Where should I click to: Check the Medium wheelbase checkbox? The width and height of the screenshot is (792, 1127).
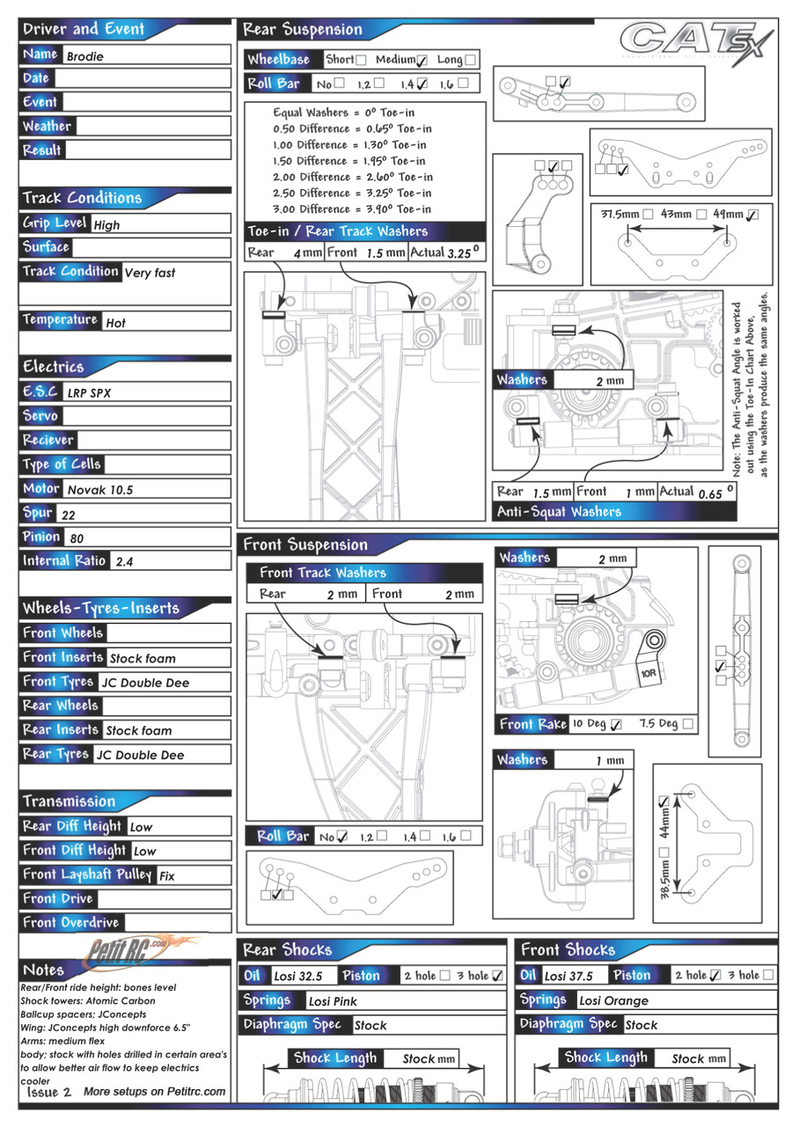point(422,61)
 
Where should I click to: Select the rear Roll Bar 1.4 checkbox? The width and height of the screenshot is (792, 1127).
point(422,84)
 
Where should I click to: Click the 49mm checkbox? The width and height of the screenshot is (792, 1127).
point(752,215)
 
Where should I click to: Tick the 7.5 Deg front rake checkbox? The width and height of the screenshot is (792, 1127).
point(688,723)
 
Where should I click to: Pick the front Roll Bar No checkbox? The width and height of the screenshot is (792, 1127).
point(341,836)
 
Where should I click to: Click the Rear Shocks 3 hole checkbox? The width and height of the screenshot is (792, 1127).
point(497,976)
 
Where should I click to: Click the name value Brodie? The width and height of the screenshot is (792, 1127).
point(85,56)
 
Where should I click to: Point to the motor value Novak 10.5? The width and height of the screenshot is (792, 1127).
point(100,490)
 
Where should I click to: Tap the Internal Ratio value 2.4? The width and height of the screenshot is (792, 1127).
point(124,562)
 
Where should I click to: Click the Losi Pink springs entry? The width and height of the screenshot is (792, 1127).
point(333,1002)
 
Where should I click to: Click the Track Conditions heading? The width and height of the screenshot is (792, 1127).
point(82,198)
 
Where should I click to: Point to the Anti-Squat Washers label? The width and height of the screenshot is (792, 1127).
point(559,512)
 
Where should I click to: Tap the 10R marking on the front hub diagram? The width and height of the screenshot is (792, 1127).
point(648,673)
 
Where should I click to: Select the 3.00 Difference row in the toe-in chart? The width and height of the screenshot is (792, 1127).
point(353,209)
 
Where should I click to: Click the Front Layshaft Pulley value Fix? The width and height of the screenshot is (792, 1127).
point(167,876)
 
